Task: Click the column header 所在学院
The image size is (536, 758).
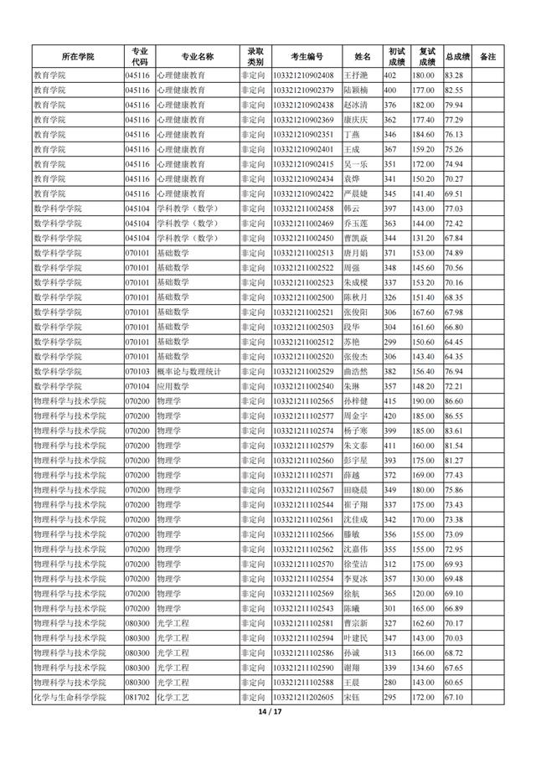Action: (77, 56)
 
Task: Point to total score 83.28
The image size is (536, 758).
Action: (454, 75)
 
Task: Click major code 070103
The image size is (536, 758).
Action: (137, 370)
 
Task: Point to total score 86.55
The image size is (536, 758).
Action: (454, 415)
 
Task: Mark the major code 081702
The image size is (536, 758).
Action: (137, 697)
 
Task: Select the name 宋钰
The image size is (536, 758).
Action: (352, 697)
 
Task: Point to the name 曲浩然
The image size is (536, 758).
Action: (357, 370)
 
